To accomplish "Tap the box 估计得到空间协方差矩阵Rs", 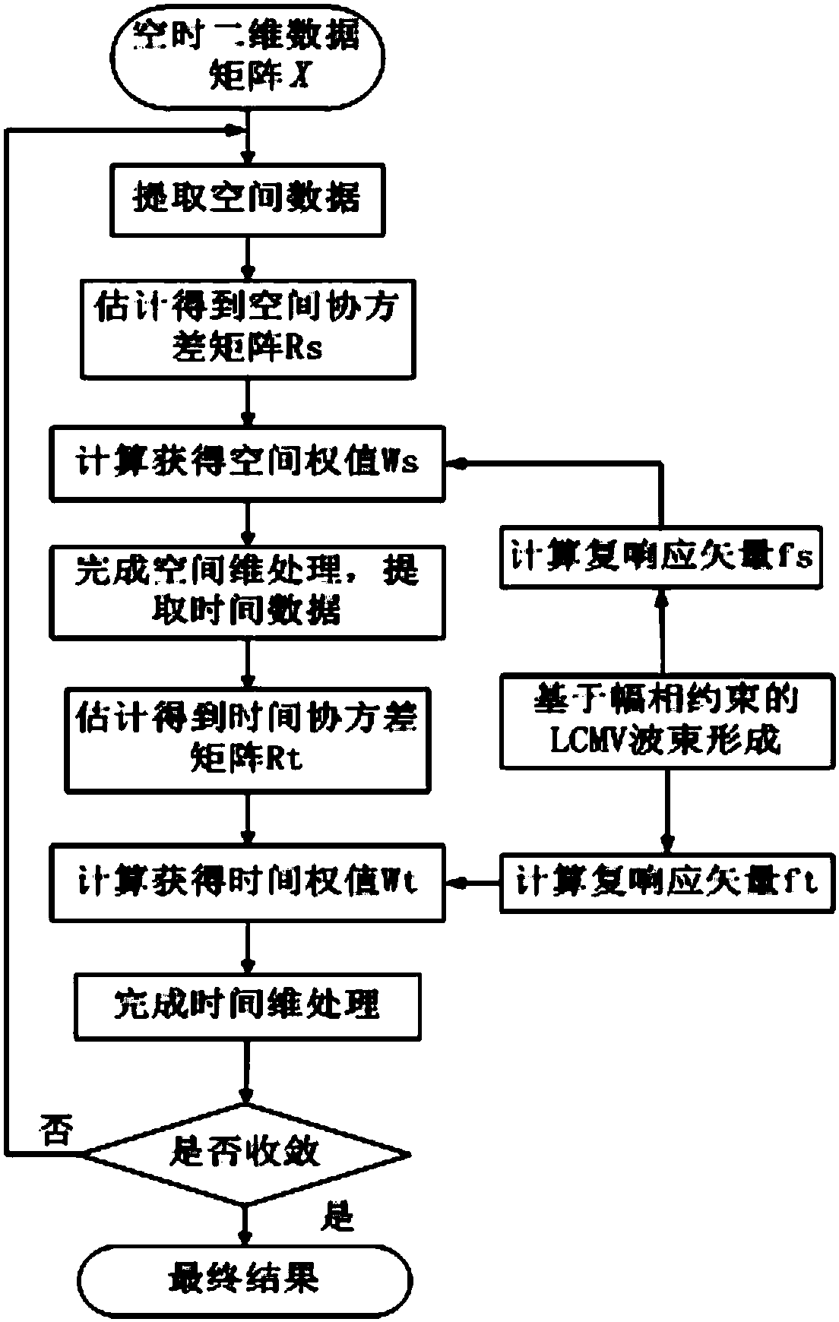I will tap(248, 328).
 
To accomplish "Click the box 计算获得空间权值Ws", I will tap(247, 463).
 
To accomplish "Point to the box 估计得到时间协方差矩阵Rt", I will tap(247, 738).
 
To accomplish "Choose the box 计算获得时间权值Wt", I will tap(247, 883).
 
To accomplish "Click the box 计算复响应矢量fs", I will tap(660, 557).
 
